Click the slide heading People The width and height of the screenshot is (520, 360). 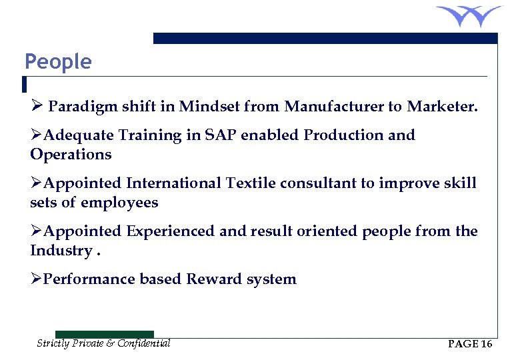pyautogui.click(x=58, y=62)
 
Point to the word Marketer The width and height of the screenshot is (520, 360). pyautogui.click(x=442, y=106)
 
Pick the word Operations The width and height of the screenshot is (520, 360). pyautogui.click(x=71, y=155)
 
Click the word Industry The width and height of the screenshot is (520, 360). pyautogui.click(x=61, y=251)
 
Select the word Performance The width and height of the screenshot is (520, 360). pyautogui.click(x=89, y=279)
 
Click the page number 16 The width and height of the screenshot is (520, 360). pyautogui.click(x=486, y=344)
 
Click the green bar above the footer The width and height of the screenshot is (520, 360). pyautogui.click(x=104, y=334)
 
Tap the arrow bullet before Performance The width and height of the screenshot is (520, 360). pyautogui.click(x=36, y=279)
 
